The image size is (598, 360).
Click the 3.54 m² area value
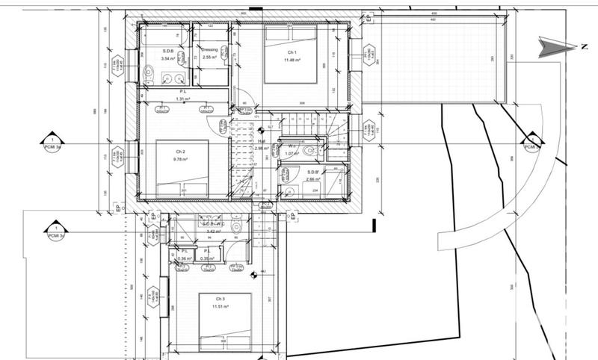168,58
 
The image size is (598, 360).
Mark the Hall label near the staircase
262,140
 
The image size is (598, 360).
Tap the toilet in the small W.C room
309,149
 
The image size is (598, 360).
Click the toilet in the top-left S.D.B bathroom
149,73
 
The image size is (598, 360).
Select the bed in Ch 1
292,56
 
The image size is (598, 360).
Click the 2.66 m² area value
314,180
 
